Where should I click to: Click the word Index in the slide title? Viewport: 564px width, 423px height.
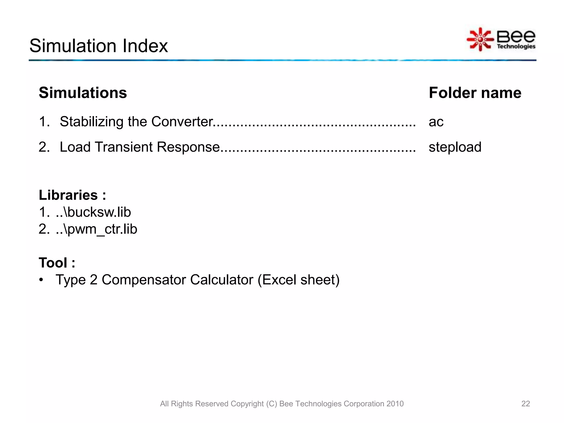(145, 46)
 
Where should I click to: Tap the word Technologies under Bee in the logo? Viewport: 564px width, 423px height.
(516, 46)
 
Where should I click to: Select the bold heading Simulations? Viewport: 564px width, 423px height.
(83, 93)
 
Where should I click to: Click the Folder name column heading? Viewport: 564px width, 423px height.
(475, 93)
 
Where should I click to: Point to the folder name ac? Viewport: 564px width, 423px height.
(436, 122)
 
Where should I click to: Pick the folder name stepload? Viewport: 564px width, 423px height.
(455, 147)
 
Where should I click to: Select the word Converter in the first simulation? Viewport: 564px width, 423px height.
(182, 122)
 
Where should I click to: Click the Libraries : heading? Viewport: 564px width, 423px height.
(72, 195)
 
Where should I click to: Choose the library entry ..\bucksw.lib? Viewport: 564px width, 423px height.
(93, 212)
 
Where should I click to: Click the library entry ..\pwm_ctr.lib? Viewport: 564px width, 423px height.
(96, 229)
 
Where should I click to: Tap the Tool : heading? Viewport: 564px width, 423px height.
(57, 263)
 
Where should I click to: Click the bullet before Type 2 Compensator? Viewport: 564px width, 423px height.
(41, 280)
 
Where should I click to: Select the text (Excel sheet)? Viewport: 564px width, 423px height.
(299, 280)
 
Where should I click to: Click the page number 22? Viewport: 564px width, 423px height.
(525, 404)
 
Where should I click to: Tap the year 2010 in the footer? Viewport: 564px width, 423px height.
(395, 404)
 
